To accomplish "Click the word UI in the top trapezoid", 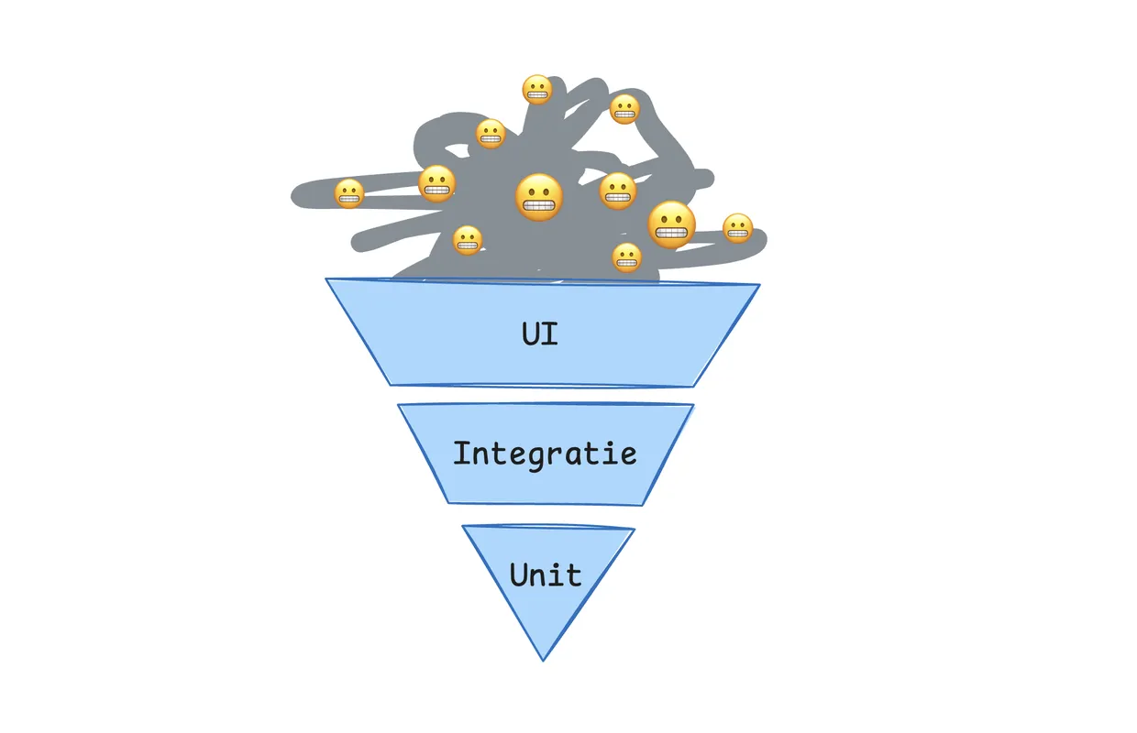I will pos(540,333).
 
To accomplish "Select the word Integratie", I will pos(545,453).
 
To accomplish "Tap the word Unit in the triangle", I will pos(546,575).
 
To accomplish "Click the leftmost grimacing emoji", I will pos(348,193).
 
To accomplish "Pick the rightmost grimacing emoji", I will pos(737,228).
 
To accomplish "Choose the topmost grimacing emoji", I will pos(536,90).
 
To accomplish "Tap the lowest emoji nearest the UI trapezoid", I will pos(626,257).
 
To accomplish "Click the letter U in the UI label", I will pos(531,333).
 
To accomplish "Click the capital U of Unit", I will pos(519,575).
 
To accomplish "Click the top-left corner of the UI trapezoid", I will pos(326,279).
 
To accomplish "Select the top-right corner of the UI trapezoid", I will pos(759,285).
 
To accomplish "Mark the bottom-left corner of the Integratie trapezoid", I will pos(448,502).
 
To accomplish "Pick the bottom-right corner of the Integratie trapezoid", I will pos(643,505).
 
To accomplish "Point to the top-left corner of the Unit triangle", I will pos(462,526).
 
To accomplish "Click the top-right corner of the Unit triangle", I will pos(635,529).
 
